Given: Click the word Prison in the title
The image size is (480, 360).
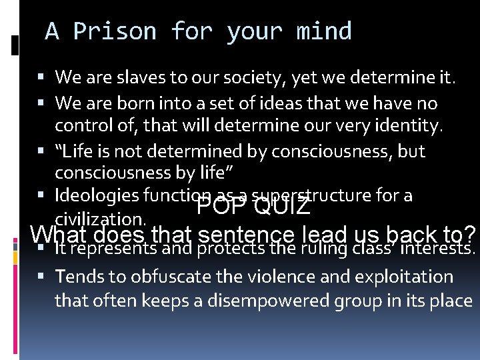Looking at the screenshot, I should pos(115,31).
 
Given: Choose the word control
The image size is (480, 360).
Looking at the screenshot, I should pos(83,126).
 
